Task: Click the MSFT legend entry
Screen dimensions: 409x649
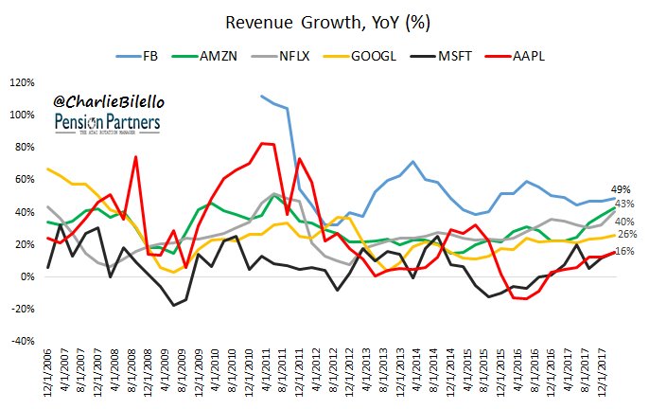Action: (480, 57)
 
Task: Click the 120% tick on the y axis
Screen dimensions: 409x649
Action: (23, 82)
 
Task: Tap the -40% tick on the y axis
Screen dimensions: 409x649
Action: (23, 342)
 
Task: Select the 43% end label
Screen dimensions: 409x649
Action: (624, 204)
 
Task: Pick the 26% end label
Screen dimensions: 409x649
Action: (624, 234)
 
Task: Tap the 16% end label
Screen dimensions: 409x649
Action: (624, 251)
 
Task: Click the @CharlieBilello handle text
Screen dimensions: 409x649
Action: (106, 99)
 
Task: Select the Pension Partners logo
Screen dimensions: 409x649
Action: (106, 125)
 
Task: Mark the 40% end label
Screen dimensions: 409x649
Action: (624, 221)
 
